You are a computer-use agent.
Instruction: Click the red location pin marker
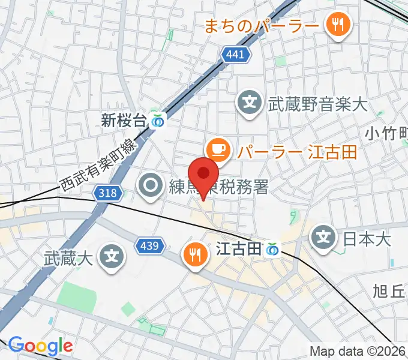204,174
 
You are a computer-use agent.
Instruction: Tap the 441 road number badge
235,55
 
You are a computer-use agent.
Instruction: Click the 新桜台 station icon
158,121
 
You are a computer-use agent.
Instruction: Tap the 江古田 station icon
273,248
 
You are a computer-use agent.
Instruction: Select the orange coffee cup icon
217,149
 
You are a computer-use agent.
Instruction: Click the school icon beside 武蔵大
111,258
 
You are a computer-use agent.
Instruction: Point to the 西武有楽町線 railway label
98,164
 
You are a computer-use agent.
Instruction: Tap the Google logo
40,345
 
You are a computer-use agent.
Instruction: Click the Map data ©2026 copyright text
358,351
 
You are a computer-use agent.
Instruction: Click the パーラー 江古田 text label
296,151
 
